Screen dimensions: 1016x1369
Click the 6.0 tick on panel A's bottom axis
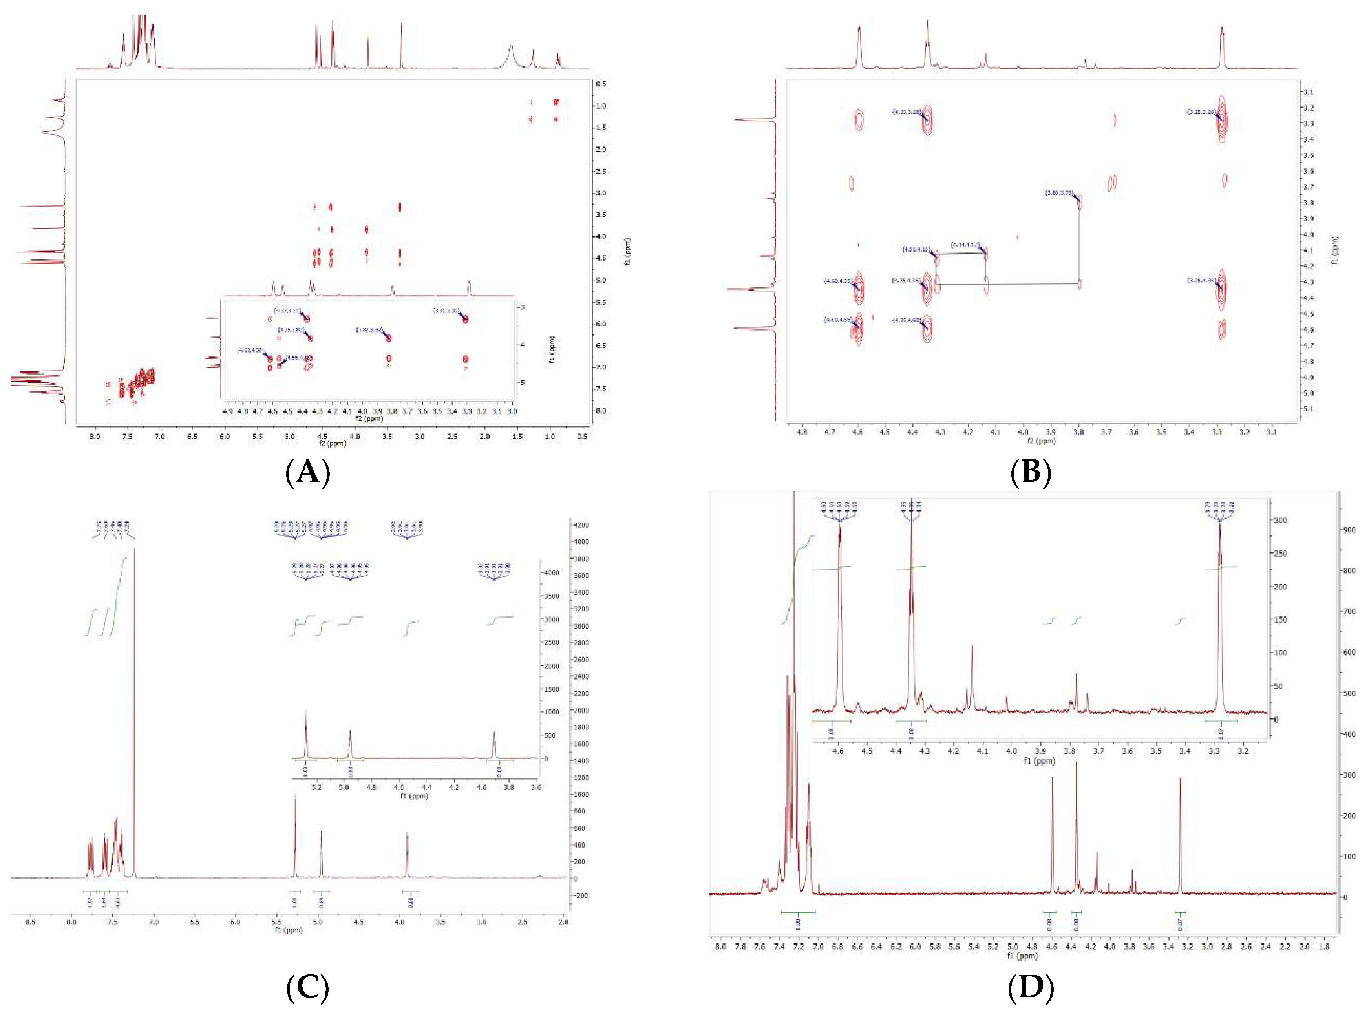(225, 436)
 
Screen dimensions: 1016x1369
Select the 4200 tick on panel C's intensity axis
(581, 524)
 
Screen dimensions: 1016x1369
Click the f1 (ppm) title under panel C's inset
(413, 796)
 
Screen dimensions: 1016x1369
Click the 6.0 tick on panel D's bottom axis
(914, 947)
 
